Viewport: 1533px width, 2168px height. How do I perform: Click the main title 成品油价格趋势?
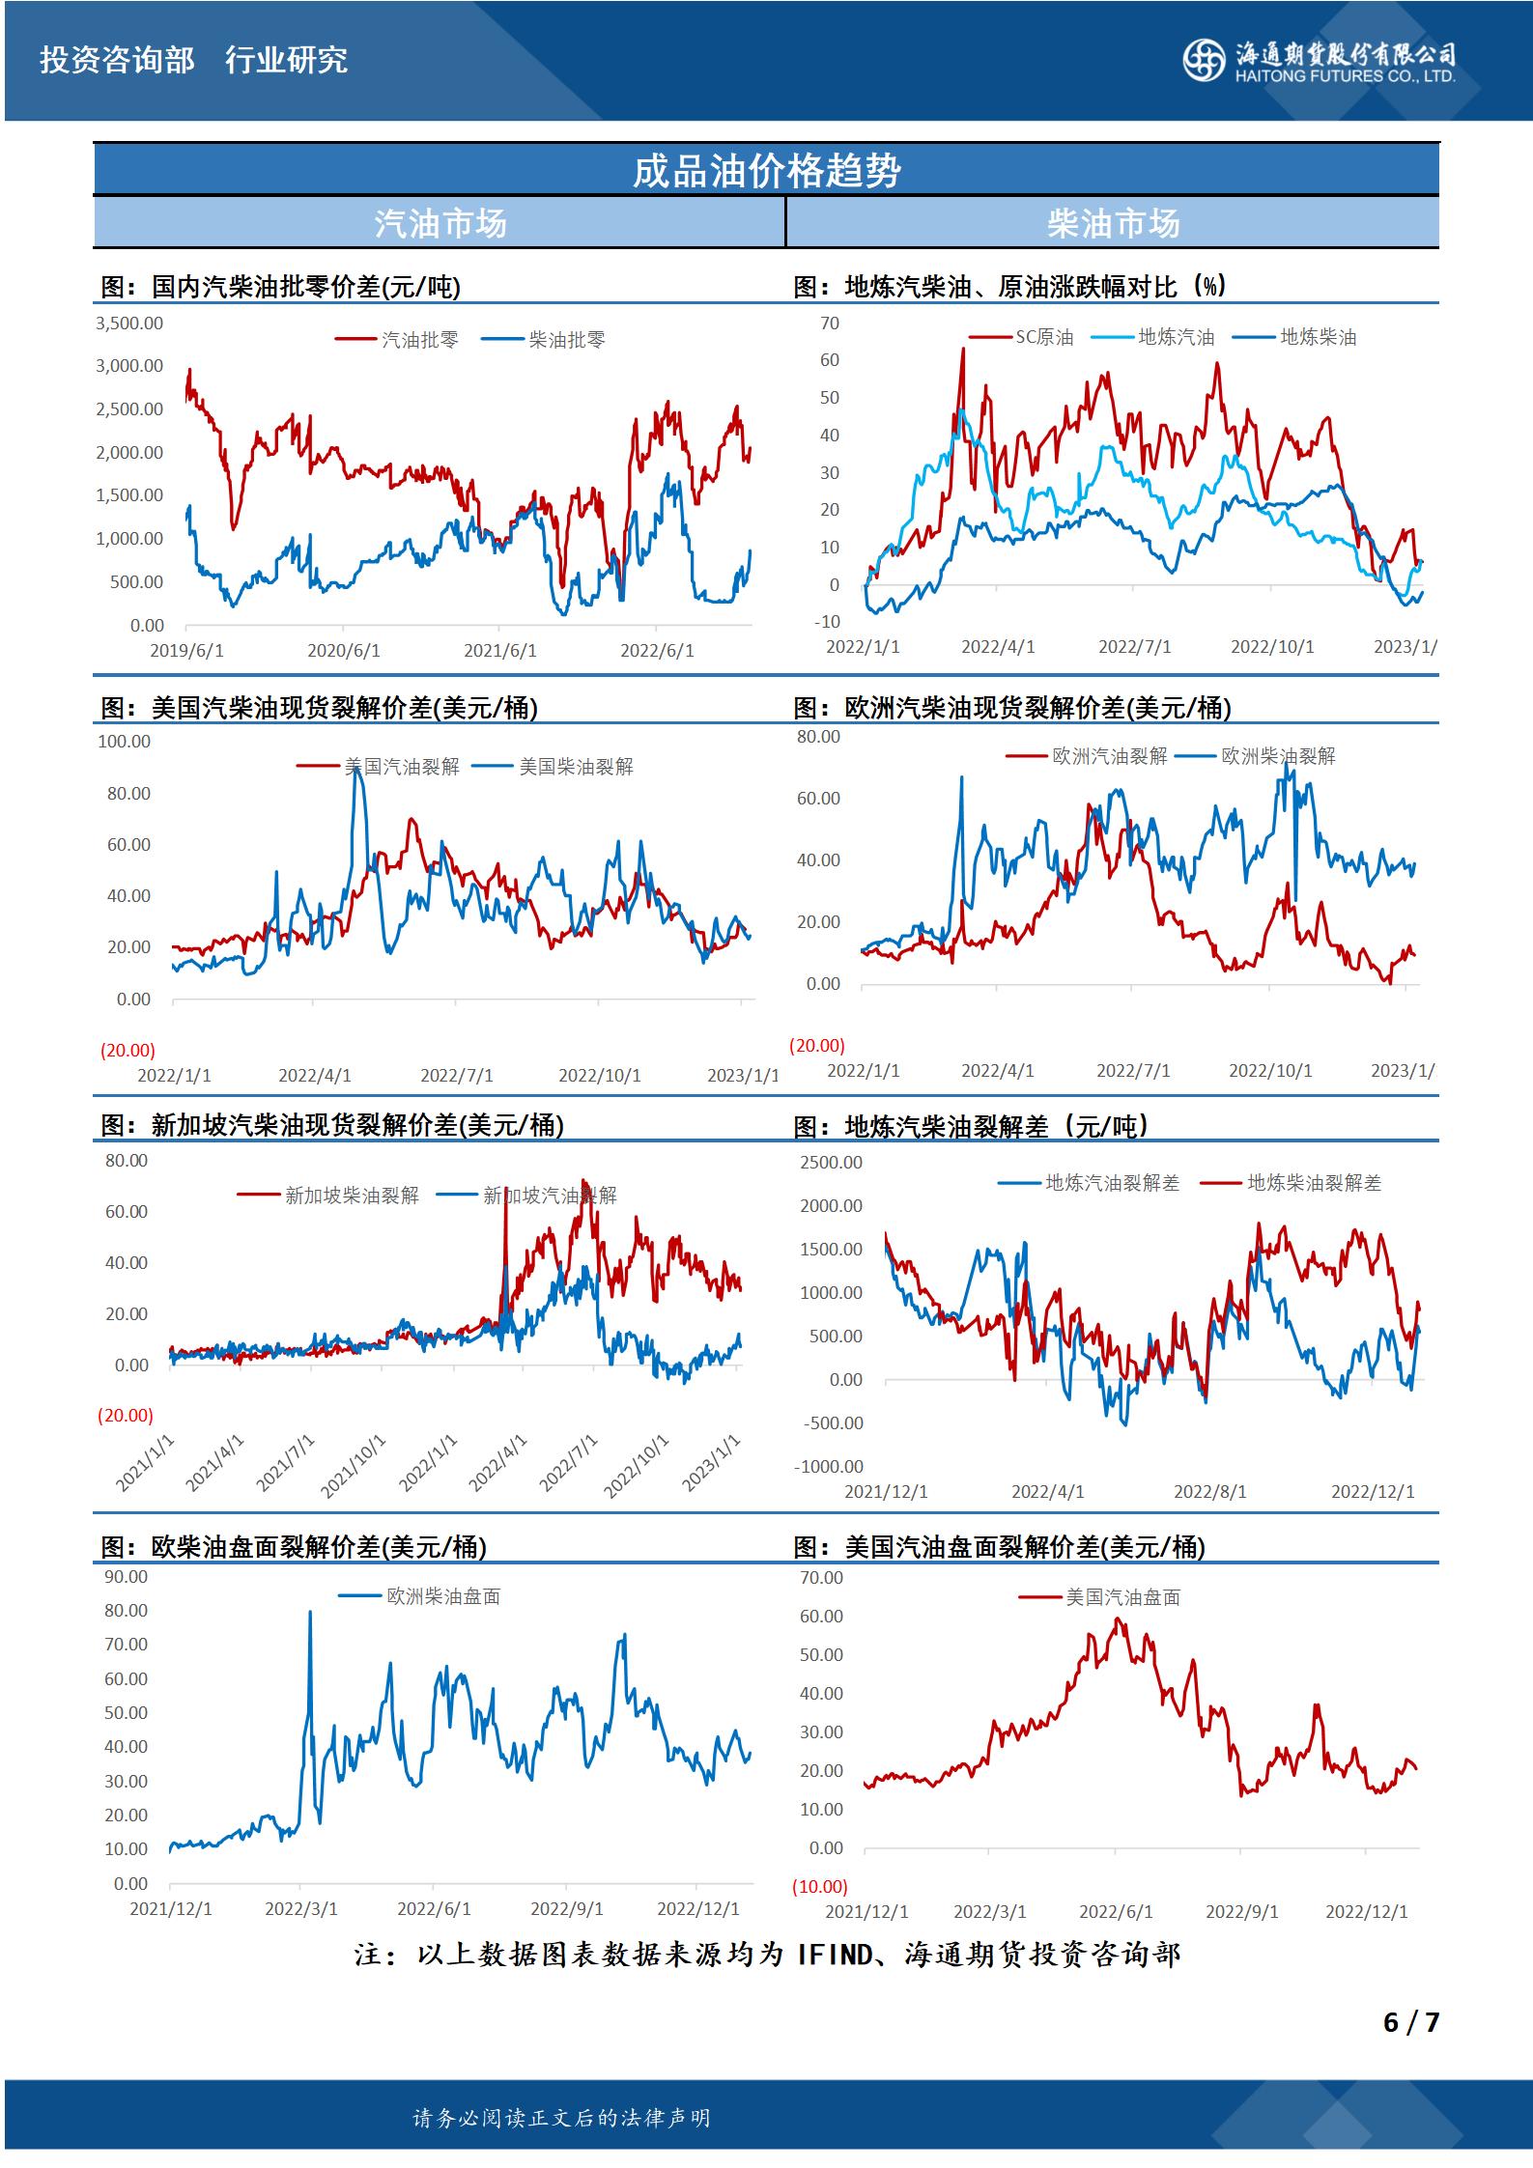coord(766,171)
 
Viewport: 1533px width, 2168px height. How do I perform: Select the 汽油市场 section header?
coord(440,224)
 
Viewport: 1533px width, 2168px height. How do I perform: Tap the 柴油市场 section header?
coord(1113,224)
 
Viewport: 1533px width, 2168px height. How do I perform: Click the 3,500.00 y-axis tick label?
coord(129,323)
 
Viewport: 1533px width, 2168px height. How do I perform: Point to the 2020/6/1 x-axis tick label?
coord(344,651)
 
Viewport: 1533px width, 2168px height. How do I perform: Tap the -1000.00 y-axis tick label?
coord(828,1466)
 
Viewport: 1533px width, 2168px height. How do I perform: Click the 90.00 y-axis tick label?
coord(127,1577)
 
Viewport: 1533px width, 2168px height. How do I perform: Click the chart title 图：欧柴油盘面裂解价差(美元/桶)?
coord(294,1547)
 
